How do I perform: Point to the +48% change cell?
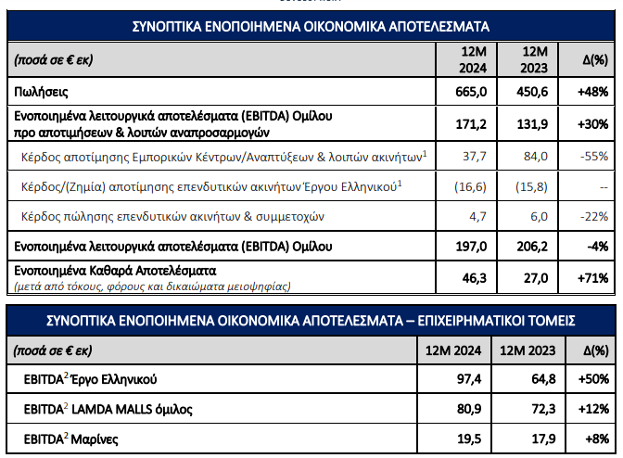(x=591, y=92)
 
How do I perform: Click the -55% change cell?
(x=593, y=157)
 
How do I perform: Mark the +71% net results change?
(x=591, y=276)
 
